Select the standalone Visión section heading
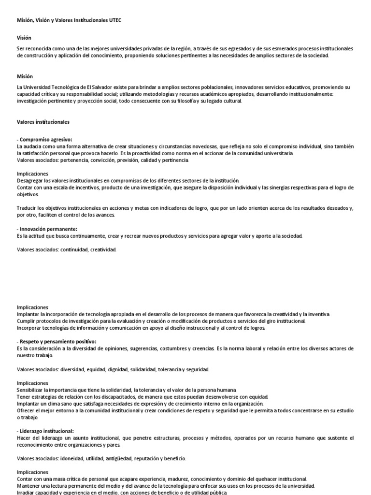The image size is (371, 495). click(x=23, y=37)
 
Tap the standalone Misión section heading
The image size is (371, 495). click(x=24, y=76)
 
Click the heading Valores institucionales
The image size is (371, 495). click(x=43, y=122)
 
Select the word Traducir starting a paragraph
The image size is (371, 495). click(x=27, y=208)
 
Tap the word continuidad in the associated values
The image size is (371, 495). click(x=74, y=250)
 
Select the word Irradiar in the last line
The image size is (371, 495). click(x=26, y=492)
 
